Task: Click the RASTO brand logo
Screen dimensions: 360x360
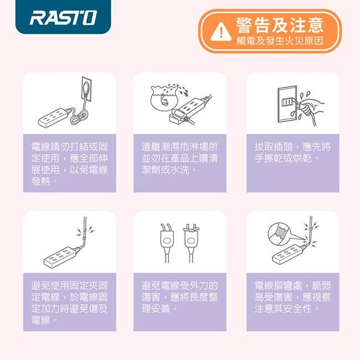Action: (x=63, y=18)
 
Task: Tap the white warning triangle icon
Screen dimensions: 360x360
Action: (x=221, y=32)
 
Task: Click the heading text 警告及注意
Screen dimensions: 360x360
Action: (x=280, y=25)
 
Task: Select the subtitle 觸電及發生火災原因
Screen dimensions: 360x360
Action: (x=280, y=41)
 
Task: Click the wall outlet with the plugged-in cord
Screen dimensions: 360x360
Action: (x=87, y=89)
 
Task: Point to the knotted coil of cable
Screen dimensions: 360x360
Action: (x=79, y=117)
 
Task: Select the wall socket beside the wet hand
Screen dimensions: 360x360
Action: (x=287, y=104)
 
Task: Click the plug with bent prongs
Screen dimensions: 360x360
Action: (x=167, y=243)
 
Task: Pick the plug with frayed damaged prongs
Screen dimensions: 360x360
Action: (x=191, y=243)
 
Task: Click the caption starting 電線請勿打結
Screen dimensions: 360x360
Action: (x=70, y=164)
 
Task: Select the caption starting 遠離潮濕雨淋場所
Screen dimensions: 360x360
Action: (x=179, y=158)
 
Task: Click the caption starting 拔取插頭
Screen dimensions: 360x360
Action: (x=292, y=152)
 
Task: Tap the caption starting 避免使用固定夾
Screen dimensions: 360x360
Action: (x=70, y=302)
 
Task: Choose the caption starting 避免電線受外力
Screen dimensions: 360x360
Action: (x=179, y=297)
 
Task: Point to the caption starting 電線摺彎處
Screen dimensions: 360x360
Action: (x=292, y=297)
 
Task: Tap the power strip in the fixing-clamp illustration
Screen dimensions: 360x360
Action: (x=60, y=256)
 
